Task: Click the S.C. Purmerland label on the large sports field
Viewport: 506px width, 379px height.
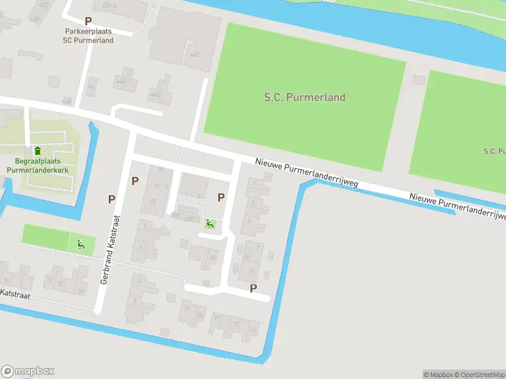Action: [304, 97]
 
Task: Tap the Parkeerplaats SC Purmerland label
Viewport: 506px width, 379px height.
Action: [88, 35]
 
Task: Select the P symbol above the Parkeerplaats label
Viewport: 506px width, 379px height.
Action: [88, 21]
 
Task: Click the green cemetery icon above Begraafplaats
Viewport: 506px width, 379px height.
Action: [37, 150]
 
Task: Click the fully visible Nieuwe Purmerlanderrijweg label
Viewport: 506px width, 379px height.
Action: [307, 172]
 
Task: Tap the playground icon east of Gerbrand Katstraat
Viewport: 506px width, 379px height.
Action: [210, 223]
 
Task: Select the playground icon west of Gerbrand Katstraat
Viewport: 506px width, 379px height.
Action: [81, 244]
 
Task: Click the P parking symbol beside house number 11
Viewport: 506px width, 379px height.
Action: [254, 288]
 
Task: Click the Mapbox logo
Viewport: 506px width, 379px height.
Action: [28, 371]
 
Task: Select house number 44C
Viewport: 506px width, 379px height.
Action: [155, 94]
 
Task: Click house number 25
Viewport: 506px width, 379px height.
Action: [213, 258]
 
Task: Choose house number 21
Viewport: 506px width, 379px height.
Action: [187, 308]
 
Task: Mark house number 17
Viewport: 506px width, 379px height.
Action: [235, 323]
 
